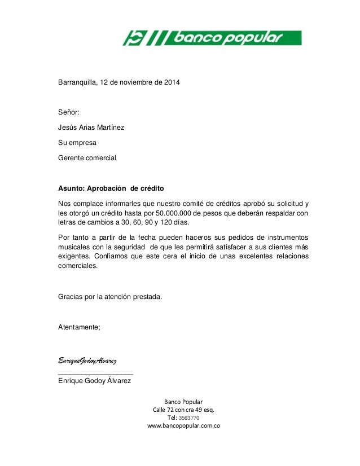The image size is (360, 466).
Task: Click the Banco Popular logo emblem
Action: [135, 38]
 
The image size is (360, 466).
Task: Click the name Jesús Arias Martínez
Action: [91, 128]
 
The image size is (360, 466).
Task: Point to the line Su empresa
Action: [77, 143]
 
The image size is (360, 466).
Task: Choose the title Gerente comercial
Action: [87, 157]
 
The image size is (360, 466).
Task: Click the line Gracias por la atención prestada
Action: [109, 296]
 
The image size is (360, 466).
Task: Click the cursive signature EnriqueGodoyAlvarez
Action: [87, 360]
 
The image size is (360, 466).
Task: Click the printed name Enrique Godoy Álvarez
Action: [94, 381]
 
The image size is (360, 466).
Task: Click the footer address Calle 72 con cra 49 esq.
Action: [183, 409]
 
